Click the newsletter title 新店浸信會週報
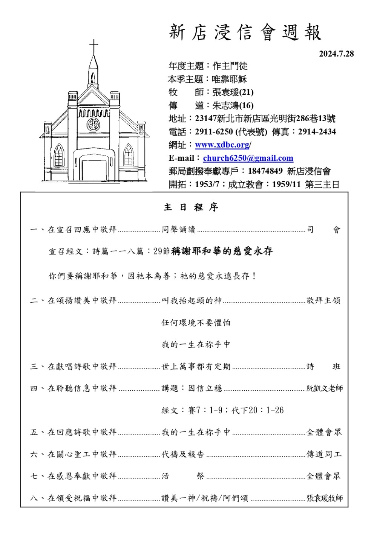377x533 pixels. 245,32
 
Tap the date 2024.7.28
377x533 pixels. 336,54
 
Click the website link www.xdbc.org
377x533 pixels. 222,145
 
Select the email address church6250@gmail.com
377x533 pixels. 248,158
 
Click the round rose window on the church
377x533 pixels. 93,124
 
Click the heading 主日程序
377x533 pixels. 191,207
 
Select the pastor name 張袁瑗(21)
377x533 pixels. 233,92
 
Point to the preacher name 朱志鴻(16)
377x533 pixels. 233,105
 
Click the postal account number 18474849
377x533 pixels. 265,171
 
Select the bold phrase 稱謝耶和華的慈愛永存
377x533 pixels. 222,251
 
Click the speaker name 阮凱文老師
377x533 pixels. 324,388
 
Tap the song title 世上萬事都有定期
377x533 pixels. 196,367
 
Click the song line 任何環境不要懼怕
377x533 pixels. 196,323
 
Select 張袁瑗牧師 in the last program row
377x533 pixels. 324,498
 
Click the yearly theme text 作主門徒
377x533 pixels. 230,66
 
